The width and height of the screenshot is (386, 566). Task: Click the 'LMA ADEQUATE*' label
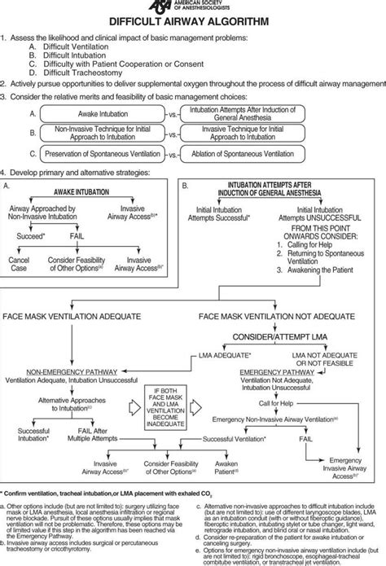click(x=225, y=356)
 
